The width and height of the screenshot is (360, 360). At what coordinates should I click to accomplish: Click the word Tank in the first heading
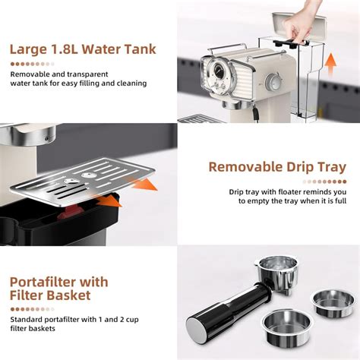click(x=137, y=50)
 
